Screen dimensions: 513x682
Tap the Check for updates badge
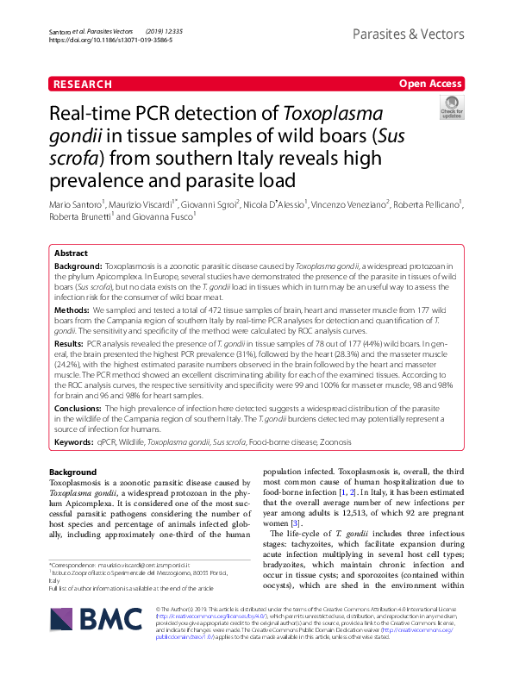[x=451, y=109]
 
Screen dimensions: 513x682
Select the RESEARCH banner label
[x=82, y=84]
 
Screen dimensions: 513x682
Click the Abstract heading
[x=71, y=253]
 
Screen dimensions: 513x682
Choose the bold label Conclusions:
[x=78, y=409]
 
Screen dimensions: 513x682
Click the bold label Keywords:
[x=74, y=442]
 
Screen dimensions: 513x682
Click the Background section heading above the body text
[x=72, y=472]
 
